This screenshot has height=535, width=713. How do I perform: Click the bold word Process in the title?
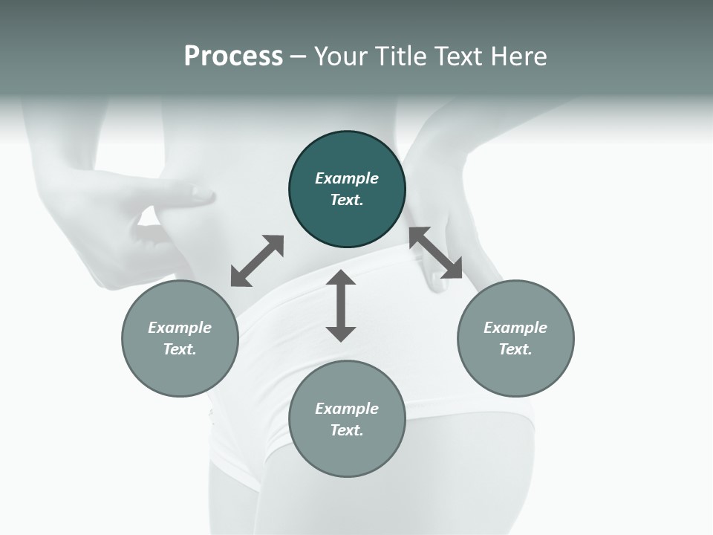pyautogui.click(x=233, y=56)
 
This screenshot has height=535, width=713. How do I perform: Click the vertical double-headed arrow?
pyautogui.click(x=341, y=305)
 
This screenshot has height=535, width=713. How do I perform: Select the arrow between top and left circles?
pyautogui.click(x=257, y=261)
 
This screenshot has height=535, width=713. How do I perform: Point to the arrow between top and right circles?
pyautogui.click(x=436, y=253)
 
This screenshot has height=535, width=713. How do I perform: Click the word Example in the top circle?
pyautogui.click(x=347, y=178)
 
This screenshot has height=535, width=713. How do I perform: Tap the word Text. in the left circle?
pyautogui.click(x=180, y=349)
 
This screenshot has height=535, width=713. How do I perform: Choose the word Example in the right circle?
pyautogui.click(x=515, y=328)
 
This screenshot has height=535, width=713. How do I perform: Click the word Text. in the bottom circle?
pyautogui.click(x=347, y=430)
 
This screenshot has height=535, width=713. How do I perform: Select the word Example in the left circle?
pyautogui.click(x=180, y=328)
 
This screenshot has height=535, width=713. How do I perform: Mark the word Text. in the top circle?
pyautogui.click(x=347, y=200)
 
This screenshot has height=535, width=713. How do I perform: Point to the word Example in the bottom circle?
pyautogui.click(x=347, y=409)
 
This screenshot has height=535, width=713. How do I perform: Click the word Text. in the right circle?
pyautogui.click(x=515, y=349)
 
